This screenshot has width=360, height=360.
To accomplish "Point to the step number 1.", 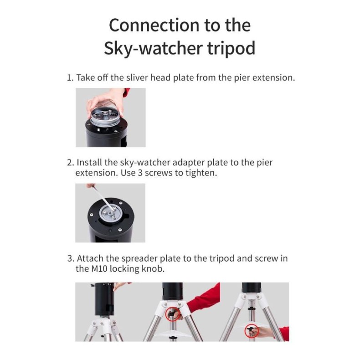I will coord(69,77).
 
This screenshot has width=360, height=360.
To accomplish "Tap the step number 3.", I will coord(70,258).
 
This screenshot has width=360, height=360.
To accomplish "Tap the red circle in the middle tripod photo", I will coord(172,314).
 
